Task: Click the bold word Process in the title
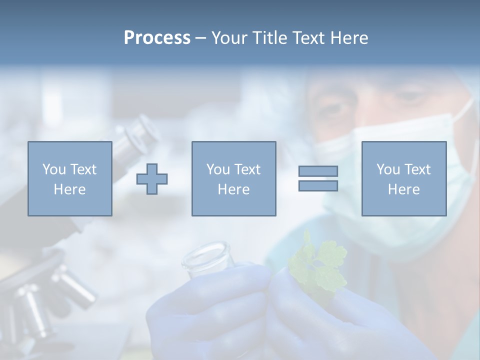(x=157, y=38)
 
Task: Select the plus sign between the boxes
(x=152, y=179)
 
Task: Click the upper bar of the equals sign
(x=318, y=171)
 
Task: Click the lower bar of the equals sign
(x=318, y=186)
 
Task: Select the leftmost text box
(x=70, y=178)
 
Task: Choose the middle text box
(x=233, y=178)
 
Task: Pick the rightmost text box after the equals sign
(x=404, y=178)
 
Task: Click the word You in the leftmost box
(x=53, y=169)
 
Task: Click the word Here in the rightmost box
(x=404, y=189)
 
